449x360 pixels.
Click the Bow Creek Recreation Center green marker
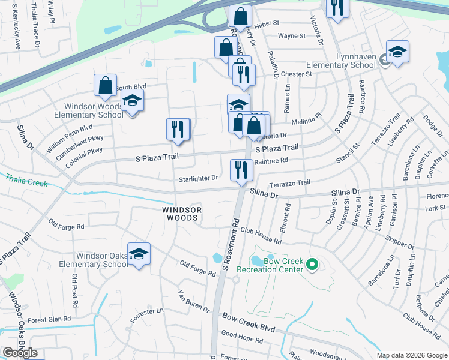tap(312, 263)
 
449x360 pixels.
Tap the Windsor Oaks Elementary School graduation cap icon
tap(139, 254)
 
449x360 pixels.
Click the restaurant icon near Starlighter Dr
tap(241, 169)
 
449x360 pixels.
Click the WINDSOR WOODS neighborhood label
tap(180, 214)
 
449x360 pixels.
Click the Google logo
tap(20, 353)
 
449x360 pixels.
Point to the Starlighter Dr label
tap(197, 178)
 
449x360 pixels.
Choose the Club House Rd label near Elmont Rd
tap(261, 235)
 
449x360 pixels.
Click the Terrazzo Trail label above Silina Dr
tap(289, 183)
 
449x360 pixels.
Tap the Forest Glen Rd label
tap(49, 319)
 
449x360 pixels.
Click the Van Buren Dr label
tap(193, 301)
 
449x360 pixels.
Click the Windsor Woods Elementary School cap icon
tap(133, 100)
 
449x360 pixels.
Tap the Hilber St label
tap(267, 23)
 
